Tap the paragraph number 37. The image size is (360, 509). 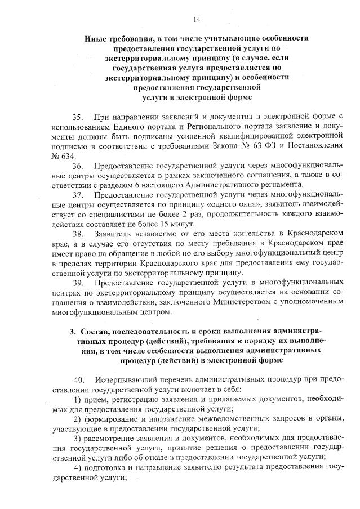coord(78,195)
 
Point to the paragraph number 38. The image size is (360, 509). coord(78,233)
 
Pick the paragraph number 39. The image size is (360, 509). coord(78,283)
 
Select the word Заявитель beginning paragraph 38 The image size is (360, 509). coord(115,233)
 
